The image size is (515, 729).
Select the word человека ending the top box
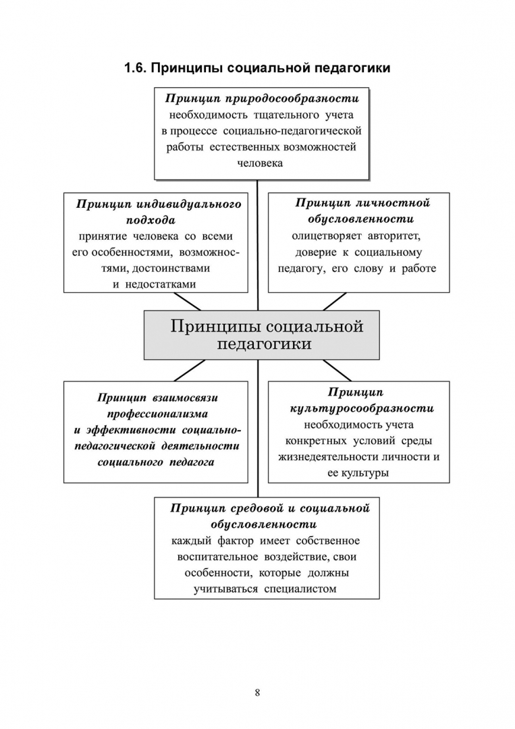(x=260, y=163)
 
